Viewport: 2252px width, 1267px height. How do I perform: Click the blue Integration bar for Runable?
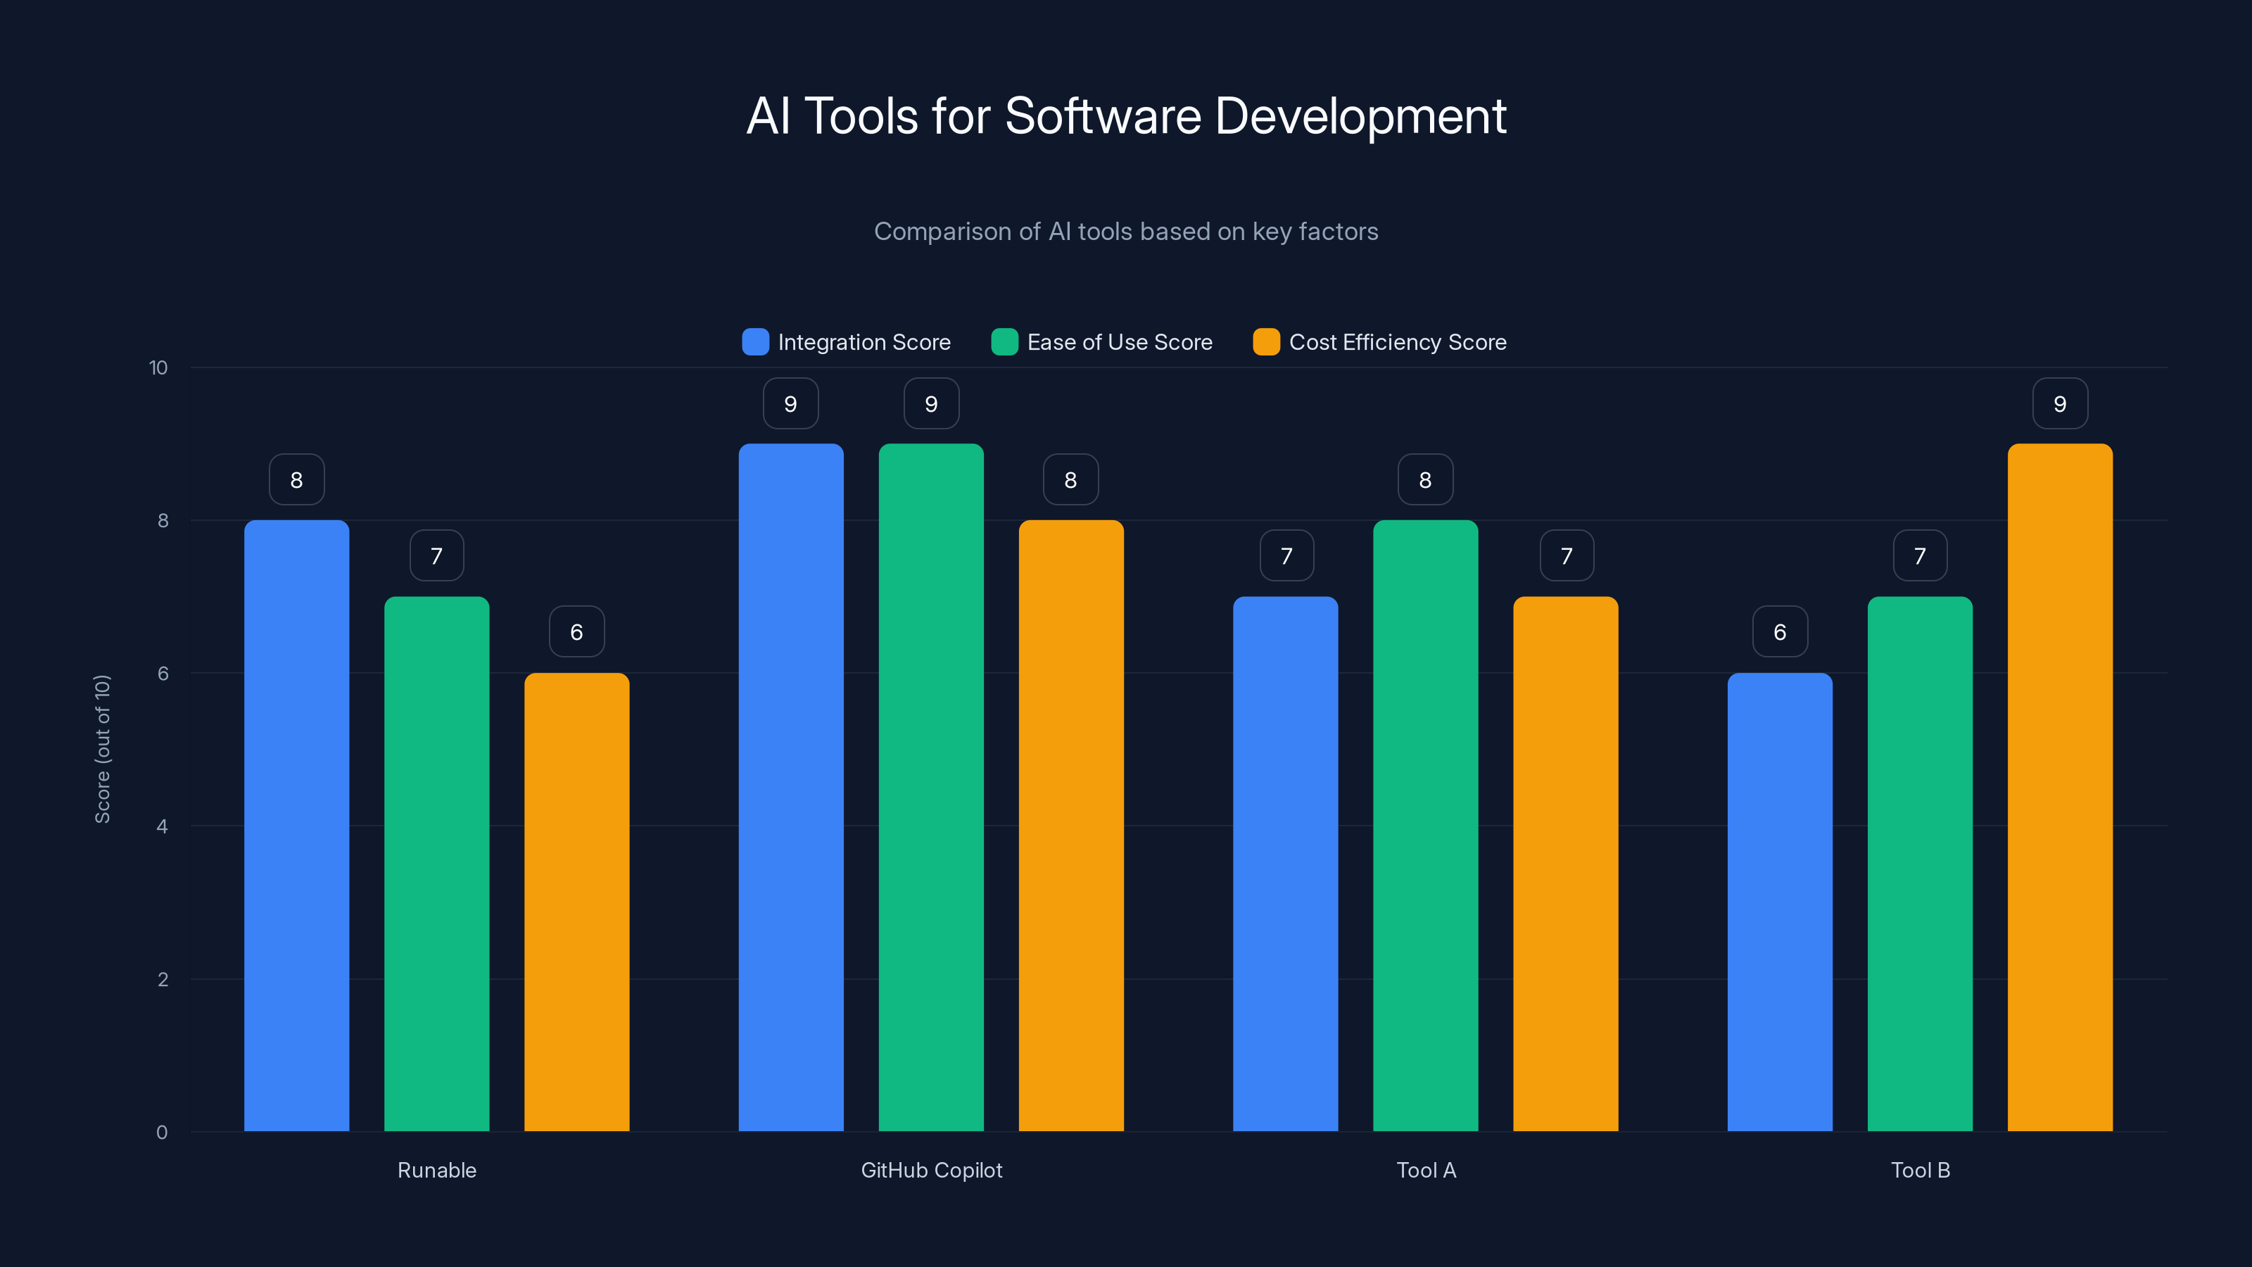[296, 826]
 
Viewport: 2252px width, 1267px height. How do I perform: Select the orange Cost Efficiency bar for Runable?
[576, 902]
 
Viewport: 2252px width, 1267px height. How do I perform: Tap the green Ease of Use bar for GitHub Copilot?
[931, 787]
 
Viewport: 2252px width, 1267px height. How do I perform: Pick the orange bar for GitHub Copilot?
[1071, 826]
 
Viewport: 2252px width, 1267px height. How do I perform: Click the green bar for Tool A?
[1425, 826]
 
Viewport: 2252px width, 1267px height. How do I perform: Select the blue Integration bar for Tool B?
[1779, 902]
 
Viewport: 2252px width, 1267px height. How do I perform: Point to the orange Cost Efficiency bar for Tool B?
[2060, 787]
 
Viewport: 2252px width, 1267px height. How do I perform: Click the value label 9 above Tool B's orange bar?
[2060, 404]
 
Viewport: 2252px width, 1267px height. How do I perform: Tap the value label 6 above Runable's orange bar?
[576, 632]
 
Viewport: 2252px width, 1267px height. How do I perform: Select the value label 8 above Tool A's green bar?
[1425, 480]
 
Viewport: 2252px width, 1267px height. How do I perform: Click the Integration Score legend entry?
[846, 342]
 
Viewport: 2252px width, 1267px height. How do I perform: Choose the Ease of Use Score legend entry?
[1101, 342]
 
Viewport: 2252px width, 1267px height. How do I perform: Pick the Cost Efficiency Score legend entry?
[1379, 342]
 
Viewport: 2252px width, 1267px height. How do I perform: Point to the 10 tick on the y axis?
[158, 368]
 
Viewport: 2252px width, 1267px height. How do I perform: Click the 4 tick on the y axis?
[162, 826]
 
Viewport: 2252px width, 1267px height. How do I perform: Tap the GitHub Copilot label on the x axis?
[931, 1170]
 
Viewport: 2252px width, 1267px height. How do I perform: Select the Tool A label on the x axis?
[1426, 1170]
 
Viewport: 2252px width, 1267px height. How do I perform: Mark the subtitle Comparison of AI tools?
[1126, 232]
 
